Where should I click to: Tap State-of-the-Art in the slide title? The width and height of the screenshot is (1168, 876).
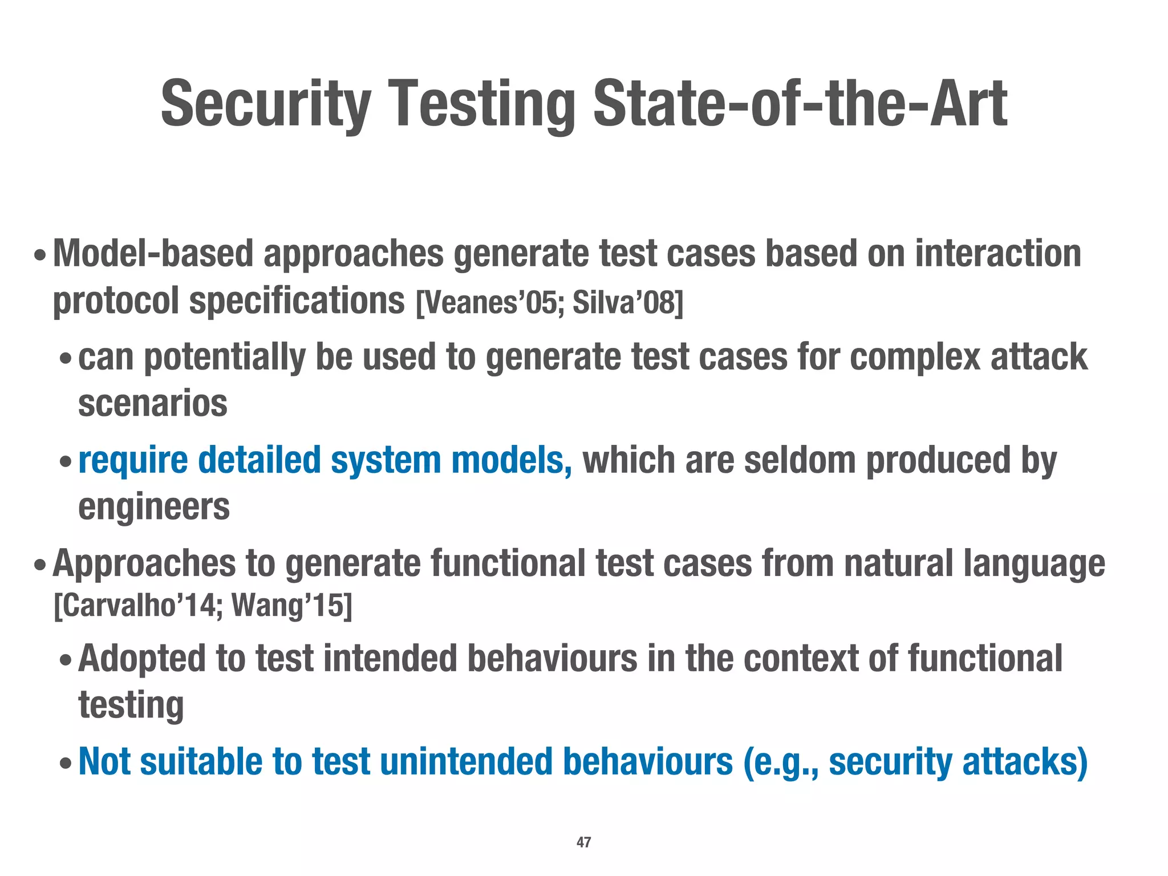click(x=800, y=104)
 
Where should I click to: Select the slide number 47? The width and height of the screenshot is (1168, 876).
click(x=583, y=842)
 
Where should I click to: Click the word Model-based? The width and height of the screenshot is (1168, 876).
click(x=153, y=253)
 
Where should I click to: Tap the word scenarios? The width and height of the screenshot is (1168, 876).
click(x=153, y=403)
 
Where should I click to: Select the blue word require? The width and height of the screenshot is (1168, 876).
click(x=133, y=460)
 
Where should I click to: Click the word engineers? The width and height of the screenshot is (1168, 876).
click(x=154, y=507)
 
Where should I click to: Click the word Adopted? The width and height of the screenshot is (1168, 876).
click(x=141, y=658)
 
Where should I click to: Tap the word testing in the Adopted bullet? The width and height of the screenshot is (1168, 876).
click(x=131, y=705)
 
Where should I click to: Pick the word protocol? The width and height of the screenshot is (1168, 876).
click(x=116, y=302)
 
